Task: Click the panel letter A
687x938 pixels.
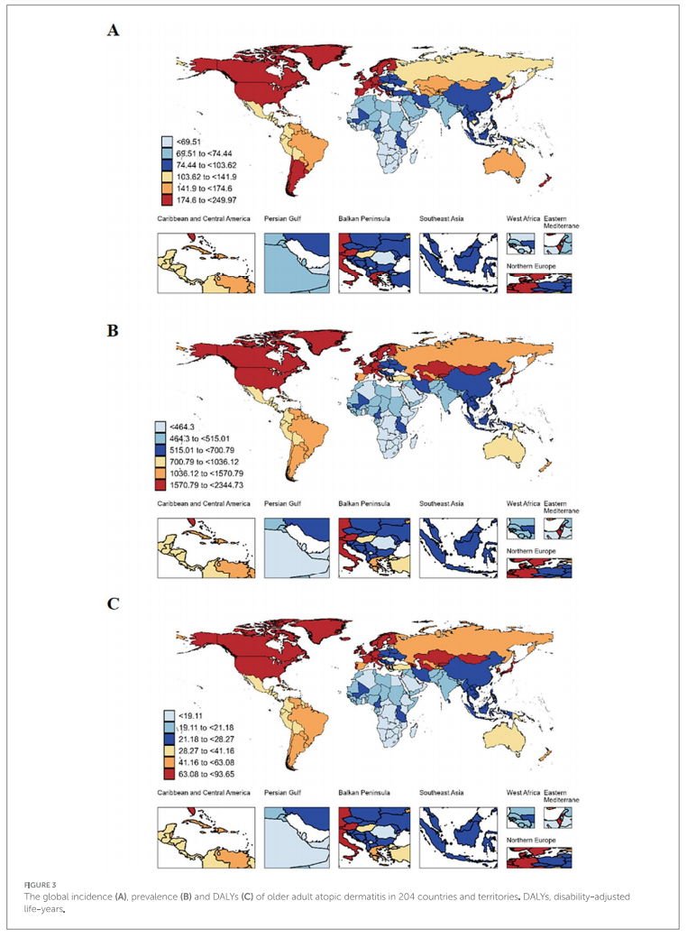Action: click(113, 30)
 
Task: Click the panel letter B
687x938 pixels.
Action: click(113, 331)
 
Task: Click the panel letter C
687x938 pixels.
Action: click(113, 603)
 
